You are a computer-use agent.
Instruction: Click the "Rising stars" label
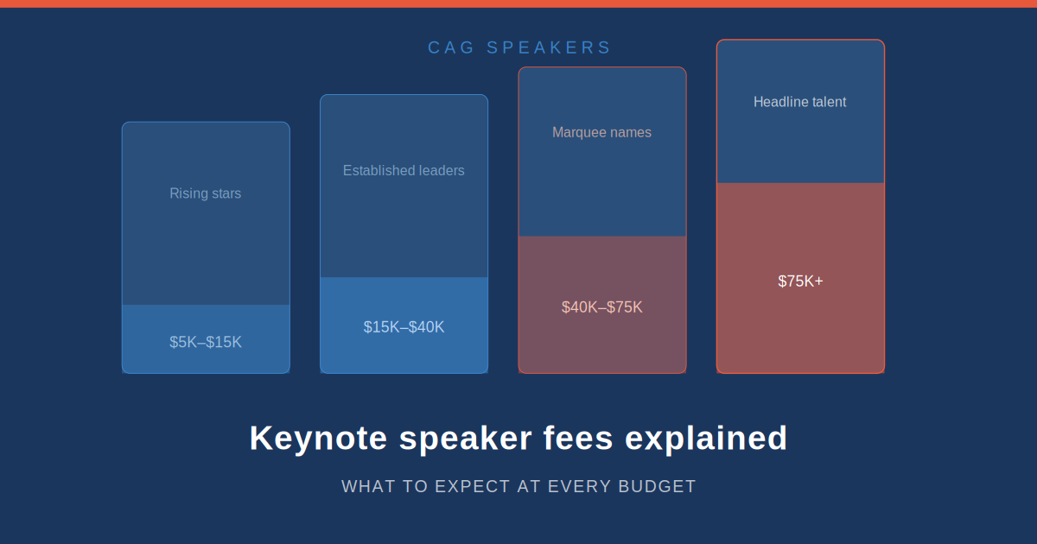(205, 193)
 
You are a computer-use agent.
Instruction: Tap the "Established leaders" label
(404, 171)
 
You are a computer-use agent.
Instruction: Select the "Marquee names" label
(601, 132)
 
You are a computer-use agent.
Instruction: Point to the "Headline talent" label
(799, 102)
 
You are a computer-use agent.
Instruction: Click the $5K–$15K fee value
(206, 342)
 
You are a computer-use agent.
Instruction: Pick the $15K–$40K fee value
(404, 327)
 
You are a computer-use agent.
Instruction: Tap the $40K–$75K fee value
(601, 307)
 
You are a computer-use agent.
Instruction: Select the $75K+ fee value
(800, 281)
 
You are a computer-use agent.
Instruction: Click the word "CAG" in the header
(451, 47)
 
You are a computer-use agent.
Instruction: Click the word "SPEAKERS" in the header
(549, 47)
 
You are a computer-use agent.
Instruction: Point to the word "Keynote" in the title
(318, 439)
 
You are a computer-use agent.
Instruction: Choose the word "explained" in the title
(706, 439)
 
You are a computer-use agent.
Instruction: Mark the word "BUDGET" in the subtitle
(657, 486)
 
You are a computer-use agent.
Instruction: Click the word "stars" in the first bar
(225, 193)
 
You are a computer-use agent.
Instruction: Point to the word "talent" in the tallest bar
(827, 102)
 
